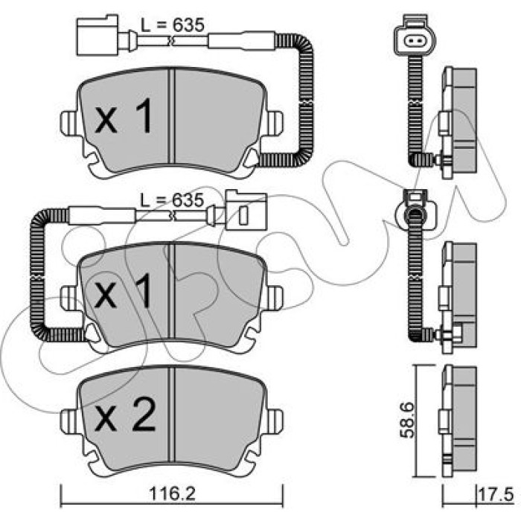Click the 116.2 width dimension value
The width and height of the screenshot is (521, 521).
click(172, 493)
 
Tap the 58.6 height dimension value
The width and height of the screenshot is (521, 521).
click(406, 420)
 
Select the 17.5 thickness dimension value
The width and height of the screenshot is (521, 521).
click(496, 495)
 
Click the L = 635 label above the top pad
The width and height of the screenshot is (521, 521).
click(173, 25)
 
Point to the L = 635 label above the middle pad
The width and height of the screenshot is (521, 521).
click(172, 200)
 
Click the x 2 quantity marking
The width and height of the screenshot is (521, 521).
click(125, 415)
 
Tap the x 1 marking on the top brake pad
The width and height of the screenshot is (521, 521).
click(123, 116)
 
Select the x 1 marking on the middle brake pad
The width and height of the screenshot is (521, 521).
click(123, 291)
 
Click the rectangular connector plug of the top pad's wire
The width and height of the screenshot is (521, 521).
click(98, 35)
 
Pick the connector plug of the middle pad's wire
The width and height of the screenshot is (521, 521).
click(246, 210)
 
